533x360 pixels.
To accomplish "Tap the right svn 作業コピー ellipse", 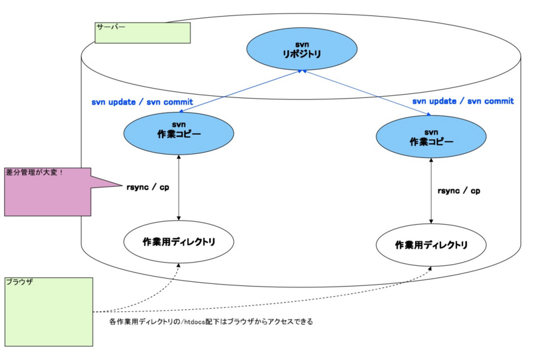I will pyautogui.click(x=430, y=138).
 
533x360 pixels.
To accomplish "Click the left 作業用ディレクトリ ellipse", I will pyautogui.click(x=179, y=242).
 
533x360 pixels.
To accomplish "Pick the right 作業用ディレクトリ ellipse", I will pyautogui.click(x=430, y=245).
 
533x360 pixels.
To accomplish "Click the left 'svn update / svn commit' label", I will pyautogui.click(x=142, y=102).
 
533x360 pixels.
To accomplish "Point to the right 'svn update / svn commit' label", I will pyautogui.click(x=462, y=101).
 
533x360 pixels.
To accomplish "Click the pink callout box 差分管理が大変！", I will pyautogui.click(x=47, y=191).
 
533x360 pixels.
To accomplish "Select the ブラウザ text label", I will pyautogui.click(x=20, y=283).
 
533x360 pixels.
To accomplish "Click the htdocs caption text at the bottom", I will pyautogui.click(x=211, y=321).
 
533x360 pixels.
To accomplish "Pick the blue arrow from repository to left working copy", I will pyautogui.click(x=240, y=92).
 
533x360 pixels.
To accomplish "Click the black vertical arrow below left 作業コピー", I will pyautogui.click(x=179, y=187).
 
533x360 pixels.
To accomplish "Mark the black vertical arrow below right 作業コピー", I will pyautogui.click(x=430, y=190).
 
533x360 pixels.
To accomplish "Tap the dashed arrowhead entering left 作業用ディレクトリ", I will pyautogui.click(x=178, y=265).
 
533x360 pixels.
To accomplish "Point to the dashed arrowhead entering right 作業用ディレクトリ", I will pyautogui.click(x=430, y=269).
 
